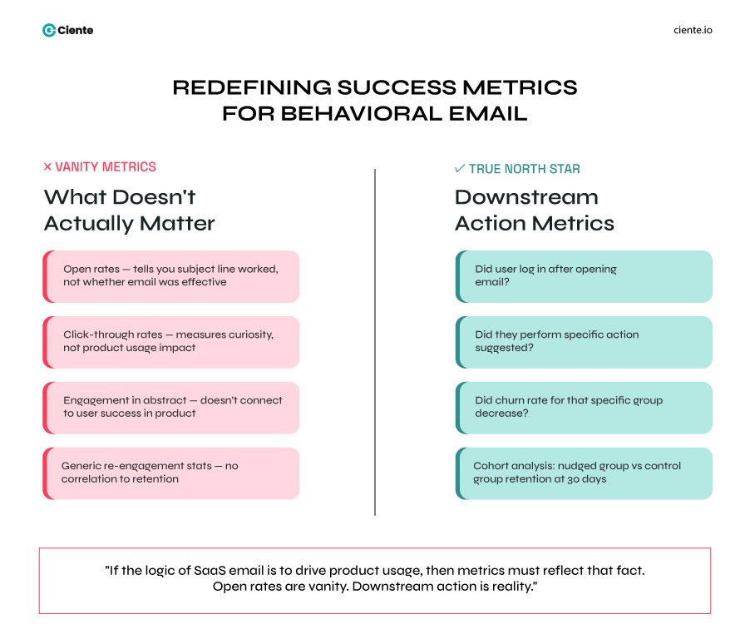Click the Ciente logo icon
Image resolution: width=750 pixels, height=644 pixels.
[49, 30]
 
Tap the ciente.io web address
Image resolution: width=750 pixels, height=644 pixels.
[693, 30]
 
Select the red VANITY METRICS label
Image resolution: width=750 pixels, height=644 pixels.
[105, 167]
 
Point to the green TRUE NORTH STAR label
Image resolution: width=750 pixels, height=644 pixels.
[524, 169]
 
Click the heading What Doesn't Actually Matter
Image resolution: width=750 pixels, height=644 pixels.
[129, 210]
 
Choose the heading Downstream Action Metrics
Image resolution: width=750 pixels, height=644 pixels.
[534, 210]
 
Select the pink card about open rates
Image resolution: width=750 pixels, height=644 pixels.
[170, 276]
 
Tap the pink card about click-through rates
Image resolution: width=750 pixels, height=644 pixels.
[170, 341]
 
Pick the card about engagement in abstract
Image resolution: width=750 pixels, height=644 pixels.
[170, 407]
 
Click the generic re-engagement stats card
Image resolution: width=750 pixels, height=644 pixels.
[170, 473]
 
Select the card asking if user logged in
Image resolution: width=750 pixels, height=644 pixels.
[584, 276]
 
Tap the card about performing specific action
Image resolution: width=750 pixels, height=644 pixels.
[584, 341]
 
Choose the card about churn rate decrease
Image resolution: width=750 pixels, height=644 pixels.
[584, 407]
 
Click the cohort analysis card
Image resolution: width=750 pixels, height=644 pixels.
[584, 473]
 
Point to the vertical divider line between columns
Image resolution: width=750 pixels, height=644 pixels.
[375, 341]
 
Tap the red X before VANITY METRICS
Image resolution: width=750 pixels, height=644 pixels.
[47, 167]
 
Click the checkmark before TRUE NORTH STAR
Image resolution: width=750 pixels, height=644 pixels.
[460, 169]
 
